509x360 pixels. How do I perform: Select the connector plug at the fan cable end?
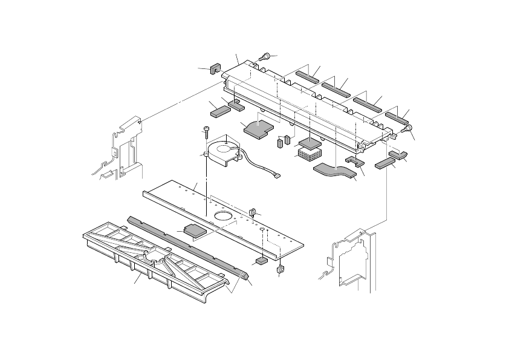277,177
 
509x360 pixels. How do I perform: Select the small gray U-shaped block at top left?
214,68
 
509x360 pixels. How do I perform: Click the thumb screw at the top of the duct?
265,57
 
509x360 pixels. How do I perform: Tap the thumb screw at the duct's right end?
409,128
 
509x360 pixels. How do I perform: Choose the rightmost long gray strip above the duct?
398,117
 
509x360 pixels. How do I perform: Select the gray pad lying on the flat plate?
194,230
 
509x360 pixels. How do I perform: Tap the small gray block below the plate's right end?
261,261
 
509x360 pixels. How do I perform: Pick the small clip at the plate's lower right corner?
280,269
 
